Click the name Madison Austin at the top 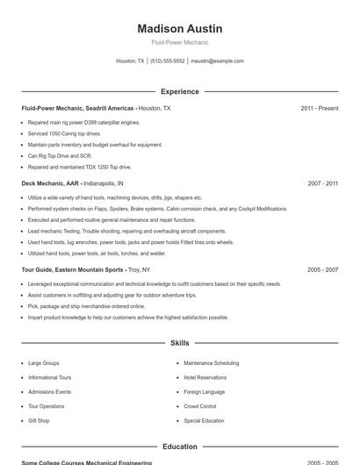tap(180, 28)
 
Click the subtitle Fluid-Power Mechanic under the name tap(180, 42)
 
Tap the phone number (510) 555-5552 tap(167, 61)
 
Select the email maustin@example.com tap(217, 61)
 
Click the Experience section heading tap(180, 91)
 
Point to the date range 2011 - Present tap(319, 108)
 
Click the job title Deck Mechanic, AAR tap(50, 183)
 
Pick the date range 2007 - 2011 tap(323, 183)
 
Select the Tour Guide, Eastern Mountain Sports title tap(73, 270)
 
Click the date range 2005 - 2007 tap(323, 270)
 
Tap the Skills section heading tap(180, 343)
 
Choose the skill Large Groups tap(44, 362)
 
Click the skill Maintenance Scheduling tap(211, 362)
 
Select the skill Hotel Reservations tap(205, 377)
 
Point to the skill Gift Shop tap(39, 420)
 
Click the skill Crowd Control tap(200, 406)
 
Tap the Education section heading tap(180, 447)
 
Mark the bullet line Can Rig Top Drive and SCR tap(60, 155)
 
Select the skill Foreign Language tap(204, 391)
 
